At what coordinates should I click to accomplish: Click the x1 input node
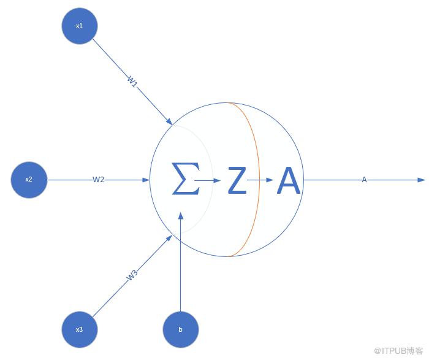pos(80,26)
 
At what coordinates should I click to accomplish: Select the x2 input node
pos(29,180)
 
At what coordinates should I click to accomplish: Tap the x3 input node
pos(80,329)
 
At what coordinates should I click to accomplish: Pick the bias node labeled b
pos(181,329)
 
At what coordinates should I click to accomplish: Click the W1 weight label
pos(132,82)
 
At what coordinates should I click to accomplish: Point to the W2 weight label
pos(98,180)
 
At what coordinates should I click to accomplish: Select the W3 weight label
pos(132,275)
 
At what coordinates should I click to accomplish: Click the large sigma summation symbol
pos(186,178)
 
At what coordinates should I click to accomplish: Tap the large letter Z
pos(237,180)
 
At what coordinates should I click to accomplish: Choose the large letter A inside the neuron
pos(289,180)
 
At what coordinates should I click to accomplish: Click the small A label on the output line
pos(364,180)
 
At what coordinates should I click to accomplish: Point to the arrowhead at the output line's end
pos(422,180)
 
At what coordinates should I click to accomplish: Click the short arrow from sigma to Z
pos(207,180)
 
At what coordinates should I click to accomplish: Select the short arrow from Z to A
pos(260,180)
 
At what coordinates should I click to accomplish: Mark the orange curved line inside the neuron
pos(259,180)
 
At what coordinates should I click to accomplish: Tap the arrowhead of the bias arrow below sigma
pos(181,216)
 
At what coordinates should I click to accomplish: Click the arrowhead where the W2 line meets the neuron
pos(146,180)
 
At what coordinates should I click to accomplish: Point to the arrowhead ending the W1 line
pos(169,121)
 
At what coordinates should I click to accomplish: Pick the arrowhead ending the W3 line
pos(169,238)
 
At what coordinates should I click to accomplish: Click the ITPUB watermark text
pos(398,351)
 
